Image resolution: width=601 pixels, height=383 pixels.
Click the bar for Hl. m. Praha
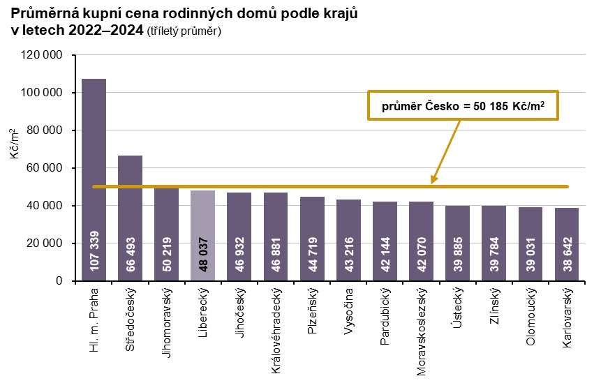click(x=94, y=174)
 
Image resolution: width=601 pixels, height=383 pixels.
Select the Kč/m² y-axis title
click(x=15, y=143)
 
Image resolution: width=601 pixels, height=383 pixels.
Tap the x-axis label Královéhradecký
click(x=276, y=328)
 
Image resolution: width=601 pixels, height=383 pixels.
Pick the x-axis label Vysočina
click(x=349, y=313)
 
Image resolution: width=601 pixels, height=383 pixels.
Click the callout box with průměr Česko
click(x=464, y=105)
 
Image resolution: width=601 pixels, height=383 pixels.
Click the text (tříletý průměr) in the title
click(x=184, y=31)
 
